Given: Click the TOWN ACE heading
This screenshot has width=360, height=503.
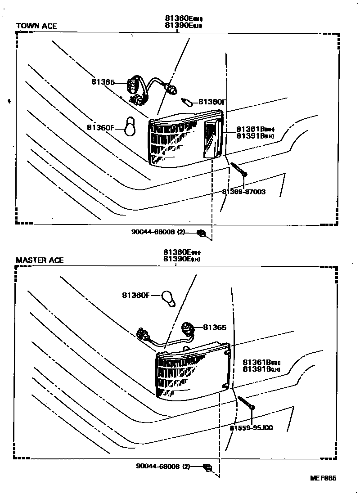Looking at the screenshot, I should click(x=36, y=26).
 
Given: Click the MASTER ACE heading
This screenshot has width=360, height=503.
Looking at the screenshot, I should click(x=40, y=260).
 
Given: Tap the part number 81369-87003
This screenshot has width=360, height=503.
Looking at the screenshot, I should click(x=243, y=192).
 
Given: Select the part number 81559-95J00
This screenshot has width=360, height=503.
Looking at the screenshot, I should click(x=251, y=428).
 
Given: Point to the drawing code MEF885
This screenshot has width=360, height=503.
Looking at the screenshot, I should click(x=323, y=479).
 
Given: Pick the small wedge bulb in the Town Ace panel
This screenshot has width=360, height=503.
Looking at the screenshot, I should click(x=187, y=101).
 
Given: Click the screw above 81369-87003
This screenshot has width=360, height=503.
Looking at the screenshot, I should click(x=239, y=170).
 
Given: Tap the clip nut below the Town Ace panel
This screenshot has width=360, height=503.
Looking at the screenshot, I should click(x=202, y=233).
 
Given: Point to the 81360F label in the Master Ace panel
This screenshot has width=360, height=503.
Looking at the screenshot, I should click(x=135, y=295).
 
